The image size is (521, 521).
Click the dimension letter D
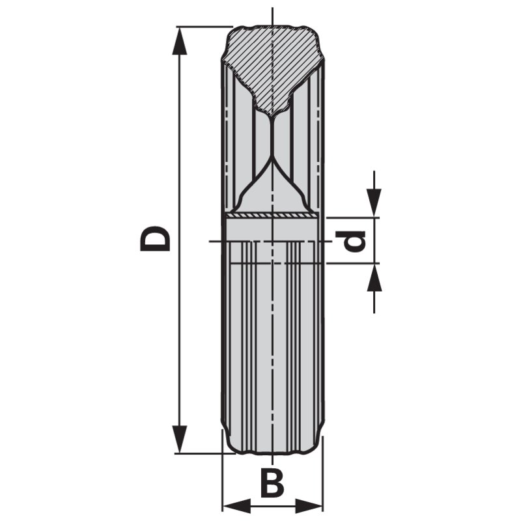pos(156,238)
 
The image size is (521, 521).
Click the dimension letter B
pos(272,483)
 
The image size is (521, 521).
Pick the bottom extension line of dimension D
pos(199,453)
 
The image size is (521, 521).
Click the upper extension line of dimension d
pos(352,218)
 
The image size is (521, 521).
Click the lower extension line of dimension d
pos(352,264)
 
